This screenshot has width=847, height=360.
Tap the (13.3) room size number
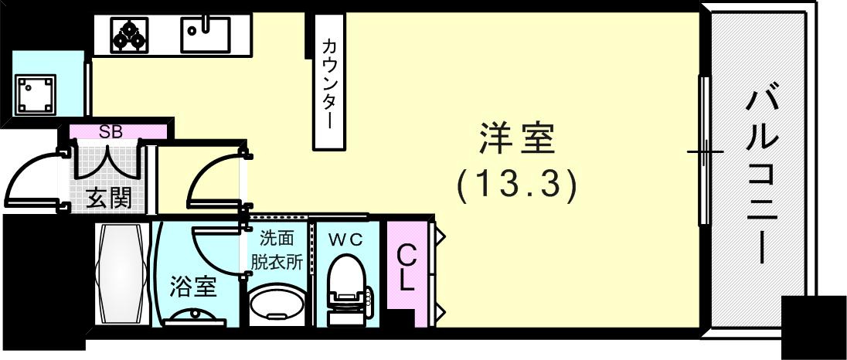[x=516, y=186]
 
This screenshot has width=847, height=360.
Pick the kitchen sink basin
[x=206, y=34]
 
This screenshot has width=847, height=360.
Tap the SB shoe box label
[x=111, y=131]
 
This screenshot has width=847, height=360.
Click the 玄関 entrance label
[x=108, y=199]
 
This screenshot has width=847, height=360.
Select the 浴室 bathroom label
[x=192, y=287]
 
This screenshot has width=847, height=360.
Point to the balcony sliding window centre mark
[x=705, y=151]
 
